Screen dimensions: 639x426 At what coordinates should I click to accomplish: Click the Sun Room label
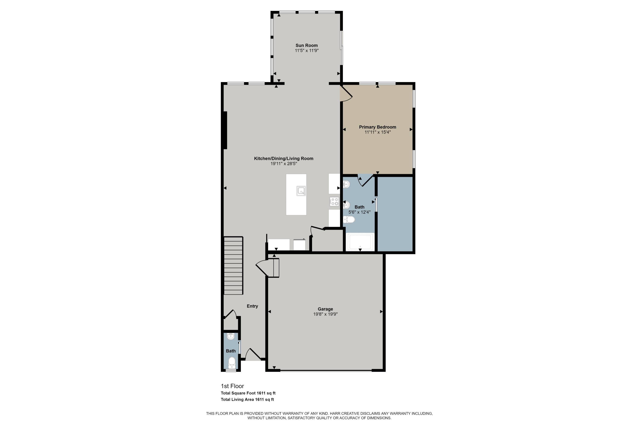point(307,45)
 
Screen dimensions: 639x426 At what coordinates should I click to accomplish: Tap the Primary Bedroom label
point(377,127)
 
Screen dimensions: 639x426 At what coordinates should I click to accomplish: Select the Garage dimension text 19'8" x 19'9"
point(325,314)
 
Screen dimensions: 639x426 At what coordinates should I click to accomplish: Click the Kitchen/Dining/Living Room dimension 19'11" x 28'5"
point(284,164)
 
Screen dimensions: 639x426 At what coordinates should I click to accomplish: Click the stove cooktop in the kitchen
point(334,201)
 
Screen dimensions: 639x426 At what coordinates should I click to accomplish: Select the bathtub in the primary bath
point(360,242)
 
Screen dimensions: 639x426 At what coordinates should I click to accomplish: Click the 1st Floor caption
point(232,386)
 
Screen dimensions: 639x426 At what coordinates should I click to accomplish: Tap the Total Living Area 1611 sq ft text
point(247,399)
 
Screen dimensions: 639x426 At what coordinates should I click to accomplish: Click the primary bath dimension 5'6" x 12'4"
point(360,212)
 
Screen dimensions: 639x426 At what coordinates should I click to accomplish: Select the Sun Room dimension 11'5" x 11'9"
point(307,50)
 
